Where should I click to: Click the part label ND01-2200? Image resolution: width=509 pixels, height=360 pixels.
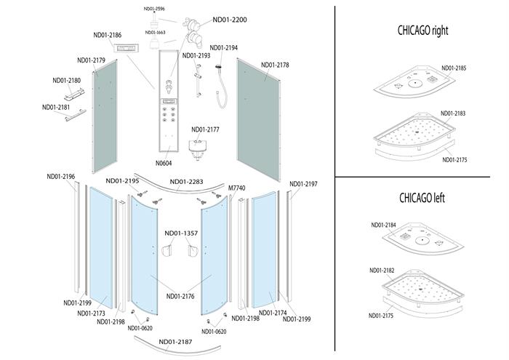pyautogui.click(x=230, y=20)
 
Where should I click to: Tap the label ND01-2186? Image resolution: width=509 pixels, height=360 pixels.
pyautogui.click(x=108, y=35)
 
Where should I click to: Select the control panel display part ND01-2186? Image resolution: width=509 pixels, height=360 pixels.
pyautogui.click(x=127, y=49)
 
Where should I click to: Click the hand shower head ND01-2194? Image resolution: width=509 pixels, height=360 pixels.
pyautogui.click(x=218, y=67)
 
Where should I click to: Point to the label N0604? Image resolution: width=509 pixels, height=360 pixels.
pyautogui.click(x=164, y=164)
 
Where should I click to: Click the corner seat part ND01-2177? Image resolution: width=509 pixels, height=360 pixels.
pyautogui.click(x=198, y=148)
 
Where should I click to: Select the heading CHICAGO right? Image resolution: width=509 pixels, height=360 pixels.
pyautogui.click(x=422, y=31)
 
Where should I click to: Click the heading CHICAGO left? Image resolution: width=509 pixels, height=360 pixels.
pyautogui.click(x=422, y=198)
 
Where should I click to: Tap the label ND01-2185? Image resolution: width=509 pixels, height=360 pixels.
pyautogui.click(x=454, y=68)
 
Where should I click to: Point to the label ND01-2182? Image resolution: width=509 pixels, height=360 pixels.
pyautogui.click(x=382, y=271)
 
